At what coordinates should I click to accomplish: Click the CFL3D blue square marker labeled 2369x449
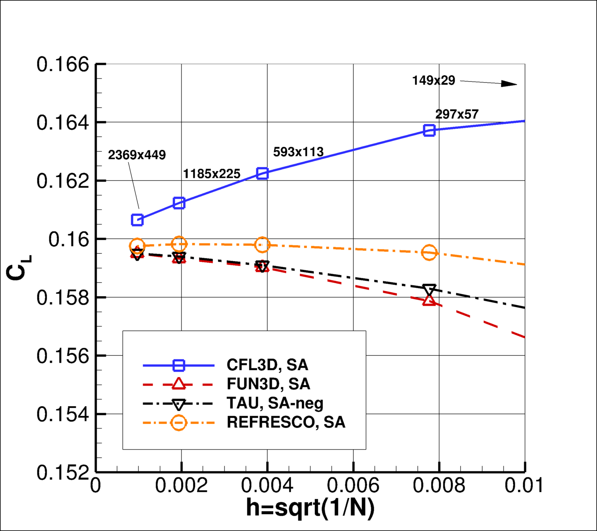coord(137,220)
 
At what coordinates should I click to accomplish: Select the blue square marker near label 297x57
coord(429,130)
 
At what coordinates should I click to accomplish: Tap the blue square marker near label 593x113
coord(262,173)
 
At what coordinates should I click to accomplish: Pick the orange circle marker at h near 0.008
coord(429,253)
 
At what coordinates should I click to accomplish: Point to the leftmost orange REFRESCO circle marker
coord(137,246)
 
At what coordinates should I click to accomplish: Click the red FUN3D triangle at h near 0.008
coord(429,301)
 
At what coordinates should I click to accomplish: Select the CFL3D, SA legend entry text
coord(267,365)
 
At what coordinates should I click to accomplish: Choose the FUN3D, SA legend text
coord(268,384)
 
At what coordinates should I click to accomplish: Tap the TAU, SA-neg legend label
coord(275,403)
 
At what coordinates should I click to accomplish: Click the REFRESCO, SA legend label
coord(286,423)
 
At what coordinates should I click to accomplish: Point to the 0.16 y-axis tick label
coord(69,239)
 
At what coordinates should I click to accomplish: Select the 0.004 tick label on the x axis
coord(267,486)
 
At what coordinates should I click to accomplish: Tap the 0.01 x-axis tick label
coord(523,486)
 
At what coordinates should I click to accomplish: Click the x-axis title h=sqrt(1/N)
coord(310,508)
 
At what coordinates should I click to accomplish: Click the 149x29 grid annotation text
coord(433,81)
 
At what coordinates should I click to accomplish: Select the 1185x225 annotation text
coord(211,174)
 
